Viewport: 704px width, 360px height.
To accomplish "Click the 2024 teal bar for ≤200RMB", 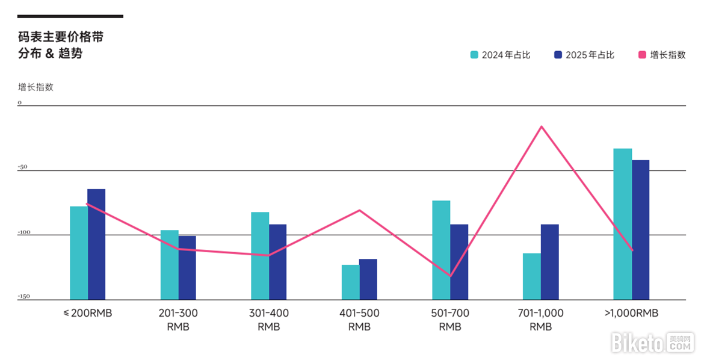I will coord(79,253).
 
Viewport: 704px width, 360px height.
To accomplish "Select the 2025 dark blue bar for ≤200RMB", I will coord(96,244).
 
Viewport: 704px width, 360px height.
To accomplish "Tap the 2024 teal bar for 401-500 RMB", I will coord(350,282).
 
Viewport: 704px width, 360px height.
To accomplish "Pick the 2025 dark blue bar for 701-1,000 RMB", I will coord(549,262).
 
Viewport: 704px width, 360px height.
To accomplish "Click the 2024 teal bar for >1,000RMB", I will coord(622,224).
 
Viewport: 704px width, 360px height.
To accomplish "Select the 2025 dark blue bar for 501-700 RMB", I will coord(459,262).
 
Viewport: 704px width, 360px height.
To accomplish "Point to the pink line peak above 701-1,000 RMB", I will coord(542,126).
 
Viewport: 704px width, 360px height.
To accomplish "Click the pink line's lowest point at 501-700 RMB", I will coord(450,276).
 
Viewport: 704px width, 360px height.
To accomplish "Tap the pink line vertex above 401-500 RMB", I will coord(360,210).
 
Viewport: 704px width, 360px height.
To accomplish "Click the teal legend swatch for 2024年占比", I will coord(474,55).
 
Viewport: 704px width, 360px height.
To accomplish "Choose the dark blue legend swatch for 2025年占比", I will coord(558,55).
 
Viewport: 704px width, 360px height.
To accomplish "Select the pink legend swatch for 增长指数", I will coord(642,55).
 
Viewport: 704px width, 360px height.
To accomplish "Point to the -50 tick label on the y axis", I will coord(23,167).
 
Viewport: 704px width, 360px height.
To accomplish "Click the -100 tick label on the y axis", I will coord(23,232).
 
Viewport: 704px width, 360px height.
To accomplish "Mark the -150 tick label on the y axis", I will coord(23,296).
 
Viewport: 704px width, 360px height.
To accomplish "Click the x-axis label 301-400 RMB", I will coord(268,320).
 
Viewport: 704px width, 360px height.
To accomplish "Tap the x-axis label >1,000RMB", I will coord(631,313).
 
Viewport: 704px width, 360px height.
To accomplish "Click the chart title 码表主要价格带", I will coord(61,37).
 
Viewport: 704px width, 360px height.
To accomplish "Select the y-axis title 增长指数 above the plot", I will coord(36,87).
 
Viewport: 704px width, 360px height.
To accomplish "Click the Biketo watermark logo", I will coord(653,343).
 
